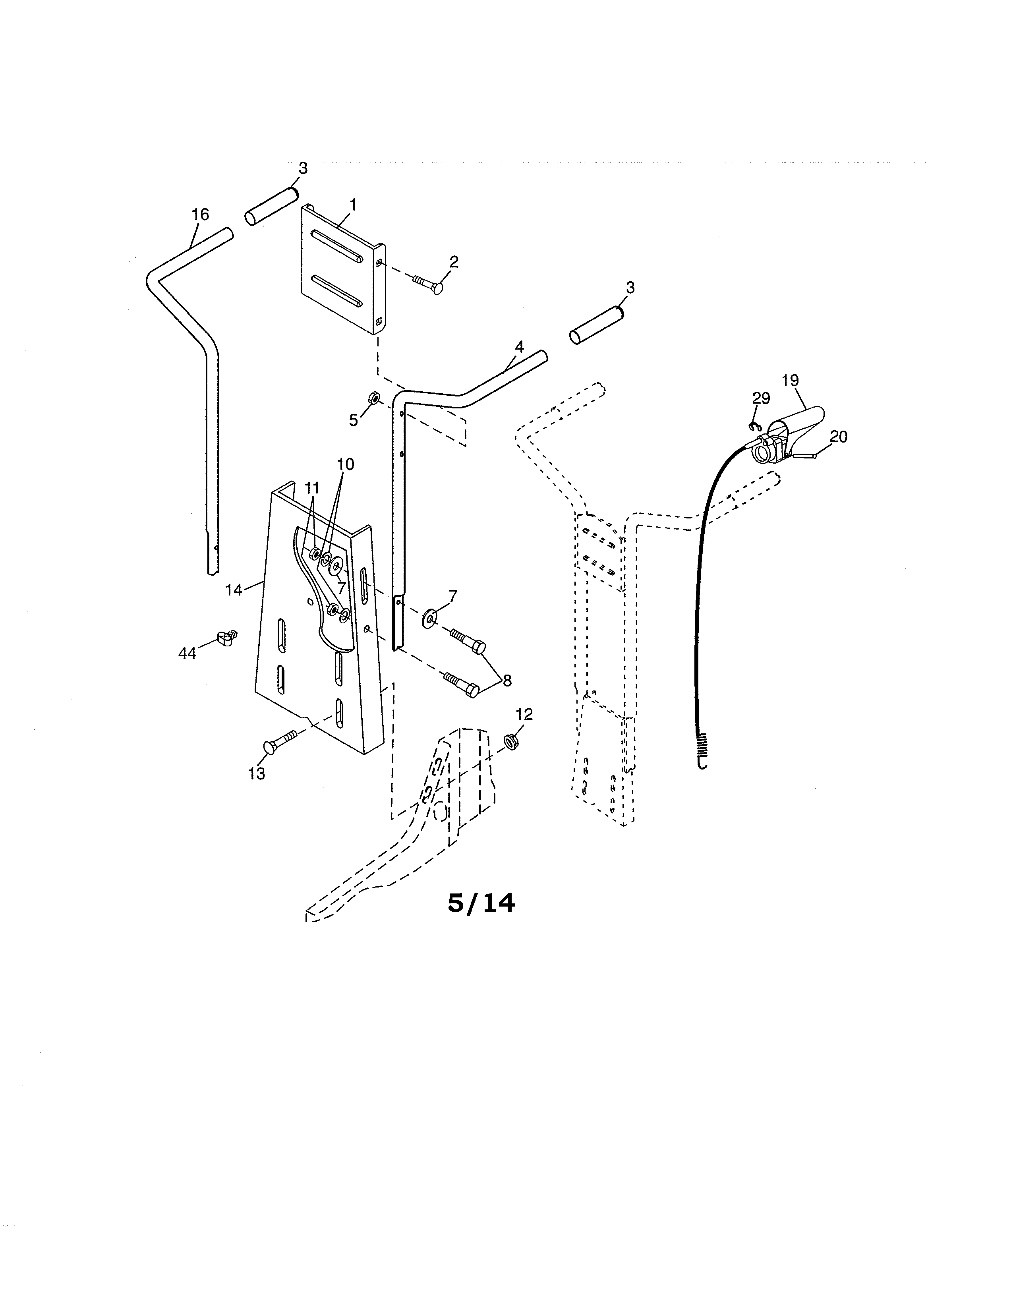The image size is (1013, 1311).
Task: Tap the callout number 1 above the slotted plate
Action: (x=353, y=204)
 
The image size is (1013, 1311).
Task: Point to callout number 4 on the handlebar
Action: (x=519, y=346)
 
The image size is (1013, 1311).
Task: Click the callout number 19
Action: (x=791, y=380)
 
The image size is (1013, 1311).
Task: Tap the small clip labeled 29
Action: (x=754, y=426)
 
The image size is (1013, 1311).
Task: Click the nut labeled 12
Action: (x=511, y=741)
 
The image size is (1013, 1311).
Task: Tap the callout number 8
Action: (x=507, y=680)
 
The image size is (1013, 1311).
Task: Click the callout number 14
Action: (x=234, y=590)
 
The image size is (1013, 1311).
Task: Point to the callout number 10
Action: (x=345, y=464)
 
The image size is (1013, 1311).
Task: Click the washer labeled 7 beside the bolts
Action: (x=430, y=616)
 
